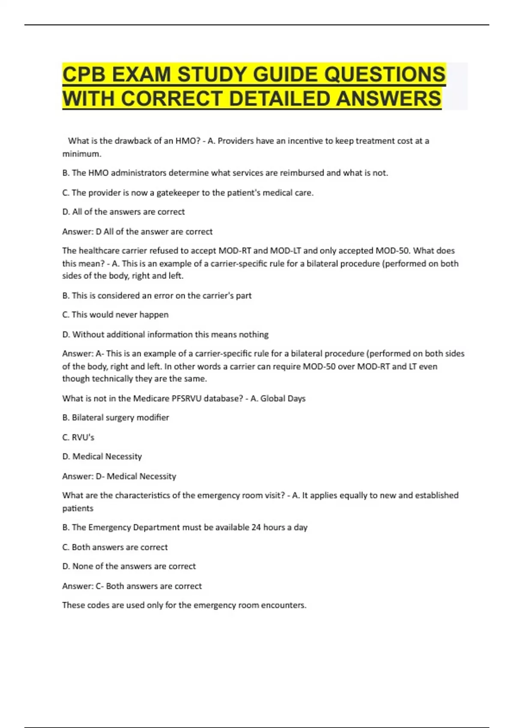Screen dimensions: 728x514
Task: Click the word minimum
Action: [x=81, y=154]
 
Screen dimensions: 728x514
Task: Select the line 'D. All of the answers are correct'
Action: [x=123, y=212]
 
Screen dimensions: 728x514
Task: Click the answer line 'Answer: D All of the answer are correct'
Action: [x=137, y=232]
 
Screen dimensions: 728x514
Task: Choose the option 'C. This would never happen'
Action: [x=115, y=314]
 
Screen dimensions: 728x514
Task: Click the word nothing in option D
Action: [x=254, y=334]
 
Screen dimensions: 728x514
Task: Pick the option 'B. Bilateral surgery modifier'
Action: [x=116, y=418]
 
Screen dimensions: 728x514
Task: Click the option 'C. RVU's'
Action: [x=78, y=437]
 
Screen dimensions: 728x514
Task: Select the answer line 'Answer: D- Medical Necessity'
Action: [x=119, y=476]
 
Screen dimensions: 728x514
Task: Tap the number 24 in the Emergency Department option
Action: [x=256, y=527]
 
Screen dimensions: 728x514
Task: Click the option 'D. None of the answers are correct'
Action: [x=128, y=566]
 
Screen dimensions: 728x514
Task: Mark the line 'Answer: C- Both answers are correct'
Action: [x=131, y=586]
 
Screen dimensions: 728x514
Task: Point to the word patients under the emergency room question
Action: [x=78, y=508]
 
